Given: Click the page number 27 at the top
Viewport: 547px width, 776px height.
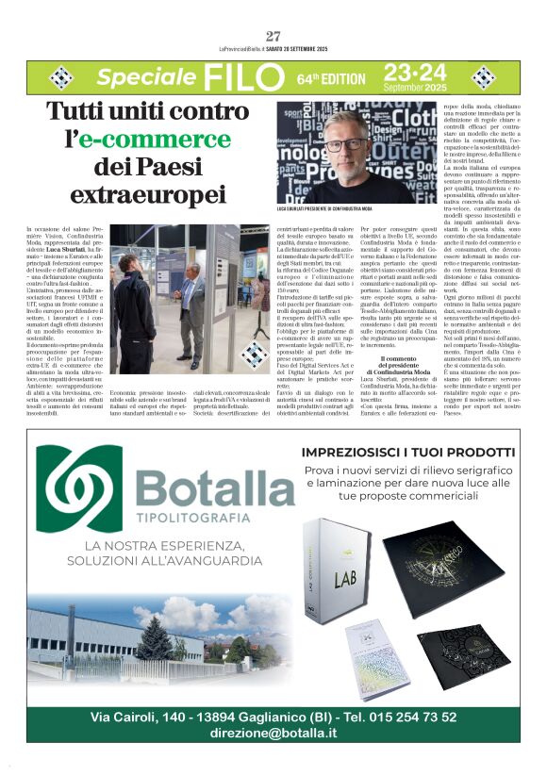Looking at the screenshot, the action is coord(273,37).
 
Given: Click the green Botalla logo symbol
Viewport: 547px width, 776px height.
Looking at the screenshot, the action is coord(87,487).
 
